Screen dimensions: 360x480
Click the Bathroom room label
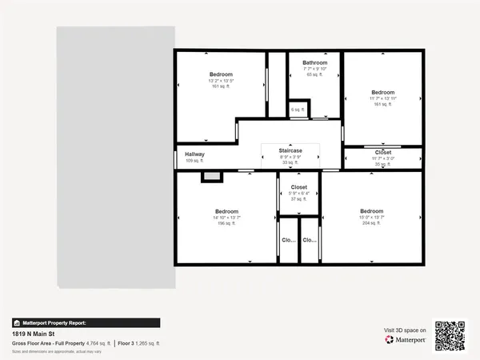[314, 62]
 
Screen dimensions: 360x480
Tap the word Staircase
[290, 150]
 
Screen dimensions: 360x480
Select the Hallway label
[195, 154]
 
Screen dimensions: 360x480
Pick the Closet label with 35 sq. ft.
[383, 152]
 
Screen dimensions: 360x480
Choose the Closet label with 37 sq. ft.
[298, 187]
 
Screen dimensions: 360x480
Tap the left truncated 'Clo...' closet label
[288, 240]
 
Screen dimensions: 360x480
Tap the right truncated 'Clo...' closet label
[310, 240]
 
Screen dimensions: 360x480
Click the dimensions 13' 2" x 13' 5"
[220, 80]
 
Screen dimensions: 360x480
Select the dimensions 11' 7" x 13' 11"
[383, 98]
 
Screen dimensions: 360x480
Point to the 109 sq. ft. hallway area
[195, 161]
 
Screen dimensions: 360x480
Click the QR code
[450, 335]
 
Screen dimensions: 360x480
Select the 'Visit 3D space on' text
[406, 330]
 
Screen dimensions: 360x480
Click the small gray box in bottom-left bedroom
[211, 177]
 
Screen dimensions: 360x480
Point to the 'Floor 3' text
[127, 343]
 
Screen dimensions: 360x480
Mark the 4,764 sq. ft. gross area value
[98, 343]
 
